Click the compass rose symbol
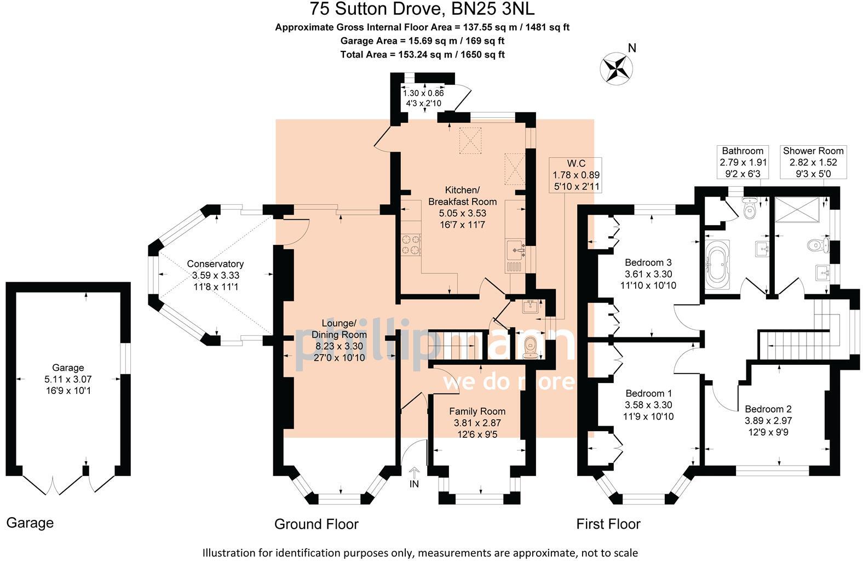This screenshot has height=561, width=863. click(616, 68)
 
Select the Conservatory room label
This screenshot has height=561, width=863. click(215, 264)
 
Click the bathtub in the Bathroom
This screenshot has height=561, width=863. click(717, 265)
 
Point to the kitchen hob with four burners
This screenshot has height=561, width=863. click(410, 245)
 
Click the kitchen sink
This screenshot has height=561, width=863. click(516, 250)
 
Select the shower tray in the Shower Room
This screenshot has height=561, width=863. click(797, 210)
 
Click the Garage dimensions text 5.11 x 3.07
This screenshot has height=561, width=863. click(68, 379)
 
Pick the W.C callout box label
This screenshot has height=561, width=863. click(576, 163)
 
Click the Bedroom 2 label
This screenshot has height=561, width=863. click(768, 409)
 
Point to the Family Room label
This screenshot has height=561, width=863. click(477, 411)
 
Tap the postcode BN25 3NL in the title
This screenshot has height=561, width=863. click(493, 8)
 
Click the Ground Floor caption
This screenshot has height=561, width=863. click(317, 524)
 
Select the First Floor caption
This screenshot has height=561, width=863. click(608, 524)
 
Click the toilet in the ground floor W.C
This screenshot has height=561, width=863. click(531, 347)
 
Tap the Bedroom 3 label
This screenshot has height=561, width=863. click(648, 262)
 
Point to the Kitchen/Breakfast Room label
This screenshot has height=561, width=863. click(462, 196)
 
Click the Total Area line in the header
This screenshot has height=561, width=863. click(422, 54)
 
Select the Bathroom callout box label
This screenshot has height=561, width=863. click(743, 151)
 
